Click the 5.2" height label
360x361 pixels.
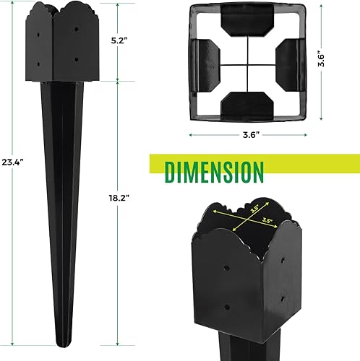128,41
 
